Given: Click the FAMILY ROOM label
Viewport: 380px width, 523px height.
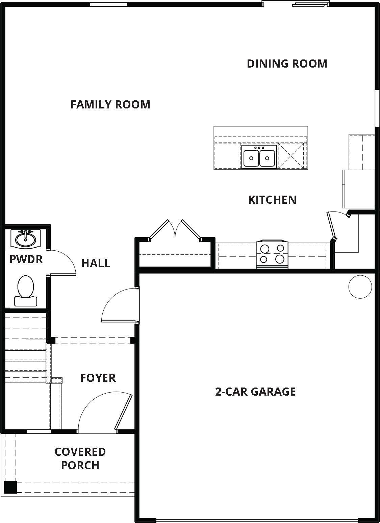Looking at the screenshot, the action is click(110, 104).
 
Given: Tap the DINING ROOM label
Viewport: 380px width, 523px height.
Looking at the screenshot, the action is click(287, 64).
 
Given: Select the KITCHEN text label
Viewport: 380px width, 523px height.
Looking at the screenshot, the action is click(272, 200).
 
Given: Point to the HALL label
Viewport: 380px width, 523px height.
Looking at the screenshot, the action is click(96, 264).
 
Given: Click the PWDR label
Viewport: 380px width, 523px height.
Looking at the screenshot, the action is click(26, 259).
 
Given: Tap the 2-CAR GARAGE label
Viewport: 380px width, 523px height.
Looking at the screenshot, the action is click(255, 392).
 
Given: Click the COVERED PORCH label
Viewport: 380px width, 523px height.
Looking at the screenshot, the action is click(80, 458).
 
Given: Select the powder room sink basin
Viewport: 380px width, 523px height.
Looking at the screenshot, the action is click(26, 239).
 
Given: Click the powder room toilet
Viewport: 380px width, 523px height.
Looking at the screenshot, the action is click(26, 291).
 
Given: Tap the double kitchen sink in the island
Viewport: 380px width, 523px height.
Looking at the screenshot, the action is click(259, 156).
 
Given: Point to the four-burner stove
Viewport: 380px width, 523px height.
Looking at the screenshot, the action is click(272, 254).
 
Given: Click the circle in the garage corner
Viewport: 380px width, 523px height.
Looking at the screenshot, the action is click(360, 287).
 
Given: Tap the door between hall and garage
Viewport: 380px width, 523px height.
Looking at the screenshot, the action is click(119, 305).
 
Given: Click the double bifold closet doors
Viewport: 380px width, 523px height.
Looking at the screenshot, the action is click(175, 230).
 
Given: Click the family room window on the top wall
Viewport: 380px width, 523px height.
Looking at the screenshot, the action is click(108, 4).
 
